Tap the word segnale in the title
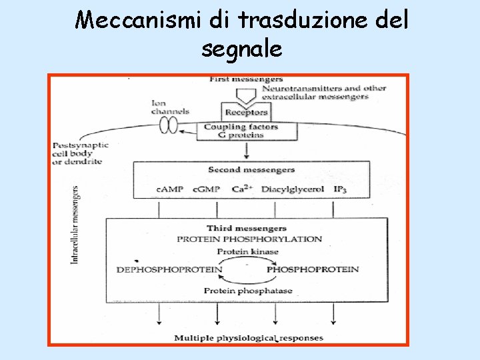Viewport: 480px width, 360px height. point(241,49)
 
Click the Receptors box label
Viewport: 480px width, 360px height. point(246,112)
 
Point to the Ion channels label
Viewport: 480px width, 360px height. point(170,107)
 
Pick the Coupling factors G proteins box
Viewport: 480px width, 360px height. point(241,131)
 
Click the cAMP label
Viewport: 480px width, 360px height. point(169,189)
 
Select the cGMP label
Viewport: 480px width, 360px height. point(206,189)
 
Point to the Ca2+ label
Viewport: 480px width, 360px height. point(241,189)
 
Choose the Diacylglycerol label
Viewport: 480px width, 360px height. point(293,189)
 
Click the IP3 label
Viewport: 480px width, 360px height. point(341,190)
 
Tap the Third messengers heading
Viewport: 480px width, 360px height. point(247,228)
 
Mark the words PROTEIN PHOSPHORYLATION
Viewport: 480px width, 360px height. point(249,239)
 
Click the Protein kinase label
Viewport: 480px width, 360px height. point(248,251)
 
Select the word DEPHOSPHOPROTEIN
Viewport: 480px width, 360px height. point(169,270)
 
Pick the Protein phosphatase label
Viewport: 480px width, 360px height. point(248,291)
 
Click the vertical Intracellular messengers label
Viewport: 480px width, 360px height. point(75,224)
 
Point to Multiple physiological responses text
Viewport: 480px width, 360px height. point(249,338)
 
